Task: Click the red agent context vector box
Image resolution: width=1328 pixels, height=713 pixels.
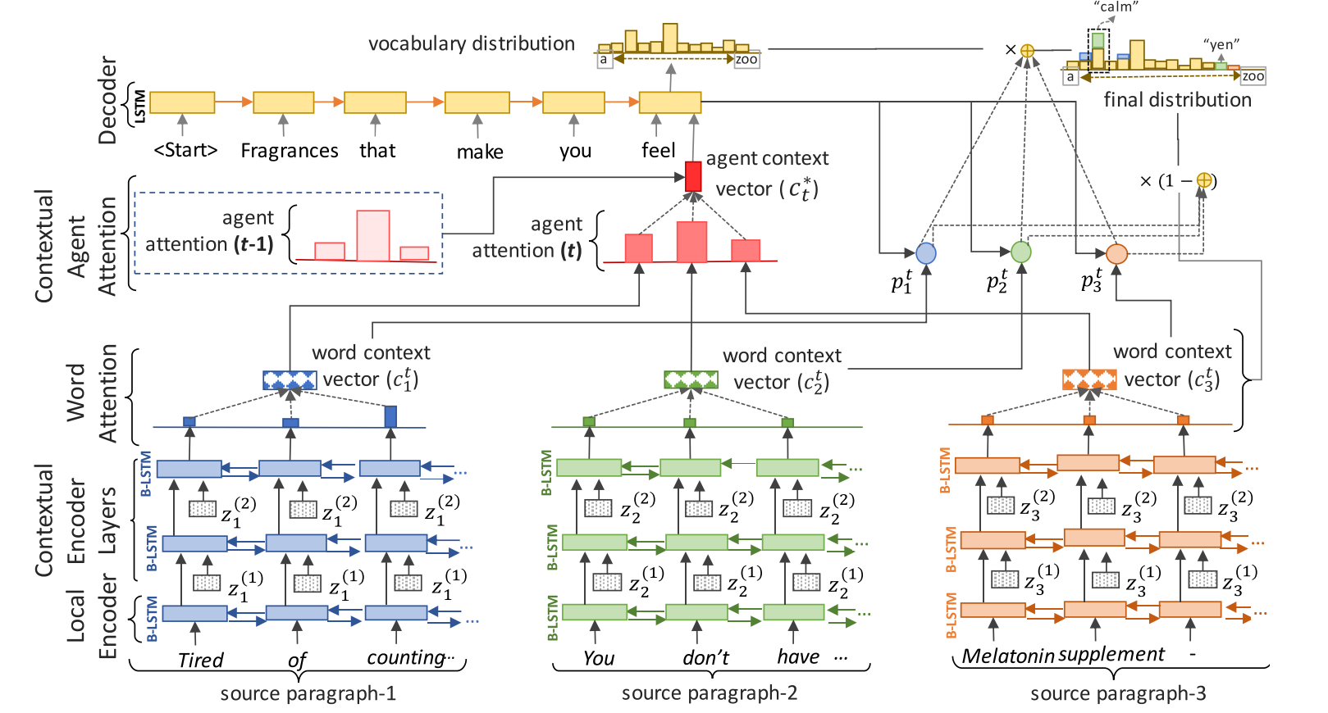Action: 693,176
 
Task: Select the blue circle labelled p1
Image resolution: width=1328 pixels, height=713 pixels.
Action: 926,253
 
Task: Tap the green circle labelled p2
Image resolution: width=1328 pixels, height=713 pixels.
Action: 1021,252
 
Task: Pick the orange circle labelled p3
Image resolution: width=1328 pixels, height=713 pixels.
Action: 1116,254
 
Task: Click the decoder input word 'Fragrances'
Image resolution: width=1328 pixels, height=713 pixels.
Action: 289,151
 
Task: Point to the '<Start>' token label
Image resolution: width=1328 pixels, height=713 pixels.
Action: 185,151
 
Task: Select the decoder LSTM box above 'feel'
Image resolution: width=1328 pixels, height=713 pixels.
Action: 670,102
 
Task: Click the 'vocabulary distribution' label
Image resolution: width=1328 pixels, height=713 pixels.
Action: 472,43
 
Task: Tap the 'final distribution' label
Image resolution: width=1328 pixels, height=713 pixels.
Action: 1177,100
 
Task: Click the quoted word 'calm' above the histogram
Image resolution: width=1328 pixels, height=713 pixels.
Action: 1116,7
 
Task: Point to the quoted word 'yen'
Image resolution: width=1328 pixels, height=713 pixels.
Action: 1221,44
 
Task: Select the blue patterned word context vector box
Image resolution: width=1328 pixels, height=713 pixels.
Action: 290,380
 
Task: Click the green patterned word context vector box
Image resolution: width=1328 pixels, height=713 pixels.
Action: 691,379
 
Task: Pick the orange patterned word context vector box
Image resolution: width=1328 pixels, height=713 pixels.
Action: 1089,379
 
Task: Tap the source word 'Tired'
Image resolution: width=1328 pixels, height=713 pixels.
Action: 200,660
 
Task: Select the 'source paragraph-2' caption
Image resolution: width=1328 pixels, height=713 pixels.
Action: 709,693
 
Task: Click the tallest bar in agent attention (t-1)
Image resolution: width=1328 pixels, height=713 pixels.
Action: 373,236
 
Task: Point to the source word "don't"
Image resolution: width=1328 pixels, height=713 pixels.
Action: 705,657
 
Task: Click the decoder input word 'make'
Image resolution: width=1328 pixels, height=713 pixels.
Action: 480,152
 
